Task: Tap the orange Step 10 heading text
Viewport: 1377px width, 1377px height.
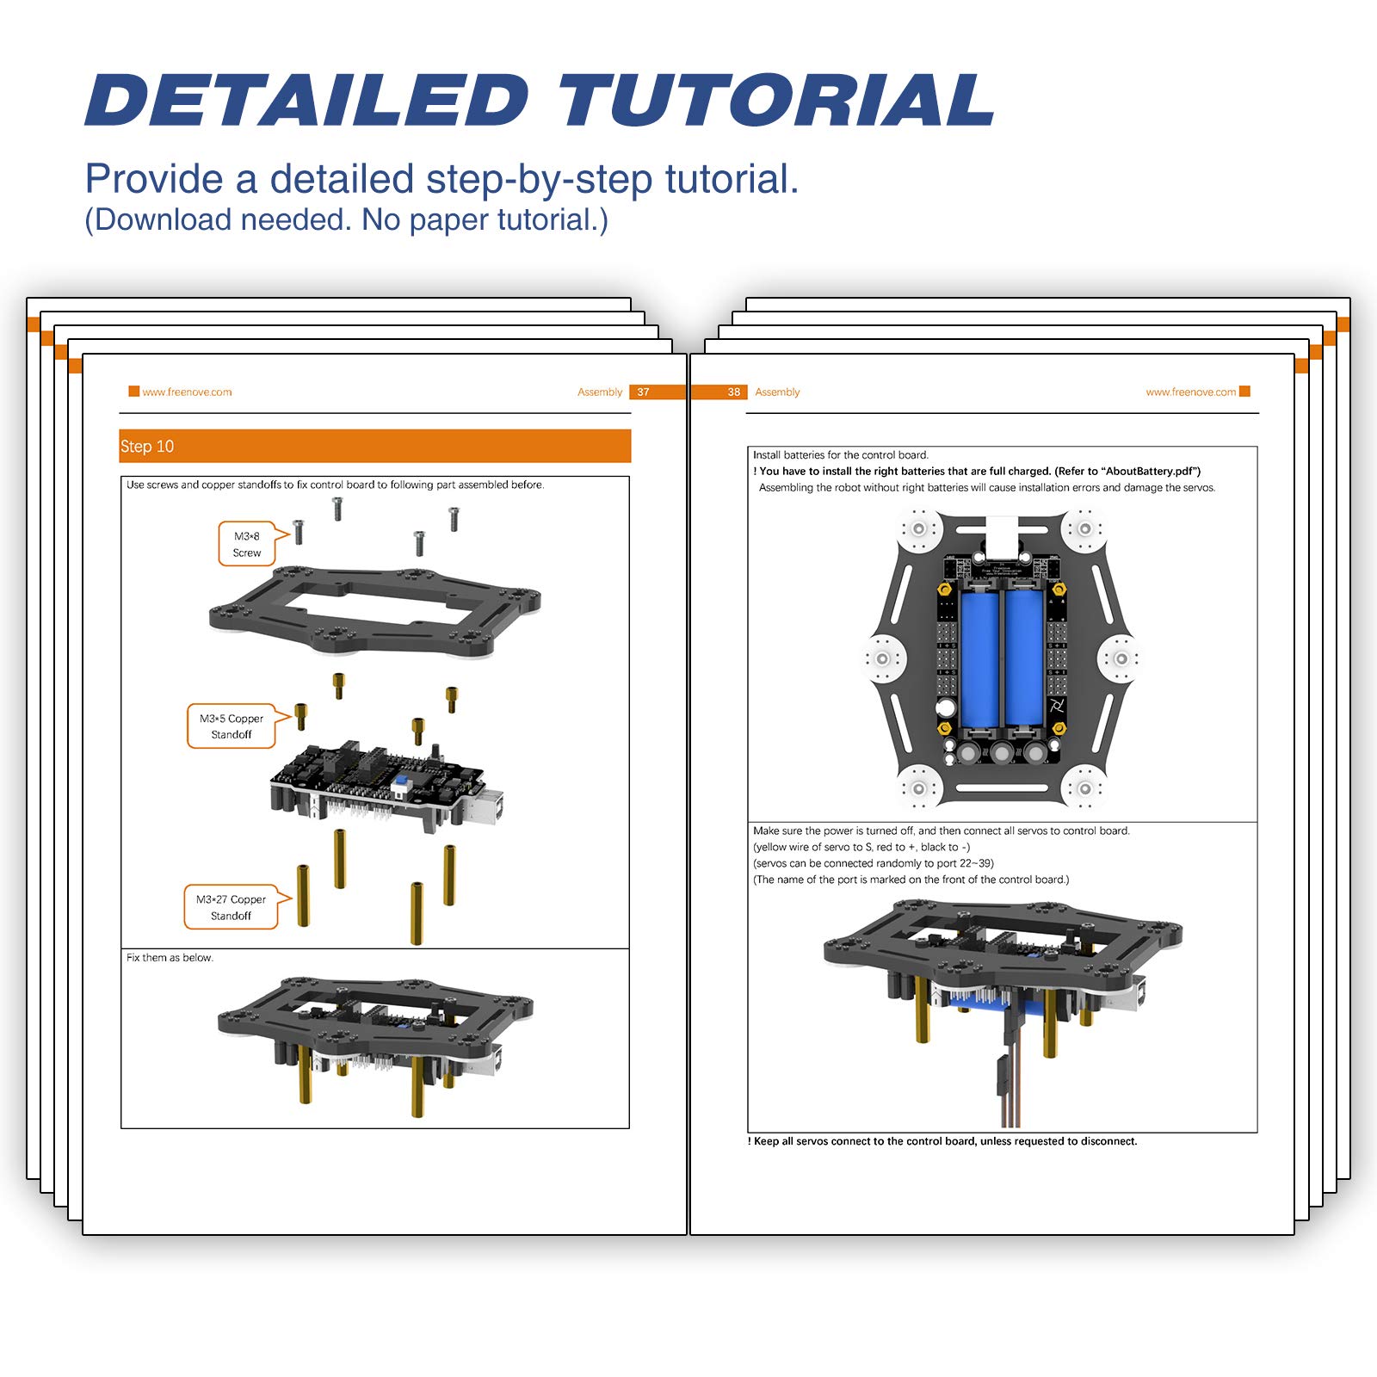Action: click(147, 447)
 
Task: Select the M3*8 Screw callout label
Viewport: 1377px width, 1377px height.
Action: click(247, 544)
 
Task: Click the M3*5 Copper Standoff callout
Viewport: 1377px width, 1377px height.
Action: click(232, 726)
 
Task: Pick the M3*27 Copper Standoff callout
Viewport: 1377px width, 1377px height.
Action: click(231, 907)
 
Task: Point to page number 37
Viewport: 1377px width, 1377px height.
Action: click(643, 392)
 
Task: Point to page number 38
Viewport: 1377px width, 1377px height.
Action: click(733, 392)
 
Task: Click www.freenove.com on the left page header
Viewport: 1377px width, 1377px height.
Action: click(187, 392)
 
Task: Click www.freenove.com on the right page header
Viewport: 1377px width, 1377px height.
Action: click(1190, 392)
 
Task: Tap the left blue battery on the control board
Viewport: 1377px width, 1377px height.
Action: click(979, 658)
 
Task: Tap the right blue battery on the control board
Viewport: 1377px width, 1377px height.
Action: click(1024, 658)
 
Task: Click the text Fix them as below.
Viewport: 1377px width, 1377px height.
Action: click(170, 958)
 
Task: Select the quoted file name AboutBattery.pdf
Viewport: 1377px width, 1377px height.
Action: click(1150, 472)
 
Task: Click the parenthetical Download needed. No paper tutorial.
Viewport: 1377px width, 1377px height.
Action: click(346, 220)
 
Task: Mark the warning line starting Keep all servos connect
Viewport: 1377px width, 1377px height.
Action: click(944, 1141)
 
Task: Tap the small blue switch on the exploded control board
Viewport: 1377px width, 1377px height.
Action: click(399, 786)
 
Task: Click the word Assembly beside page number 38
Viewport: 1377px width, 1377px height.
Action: click(777, 392)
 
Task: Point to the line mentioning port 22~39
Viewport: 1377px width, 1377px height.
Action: click(873, 863)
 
